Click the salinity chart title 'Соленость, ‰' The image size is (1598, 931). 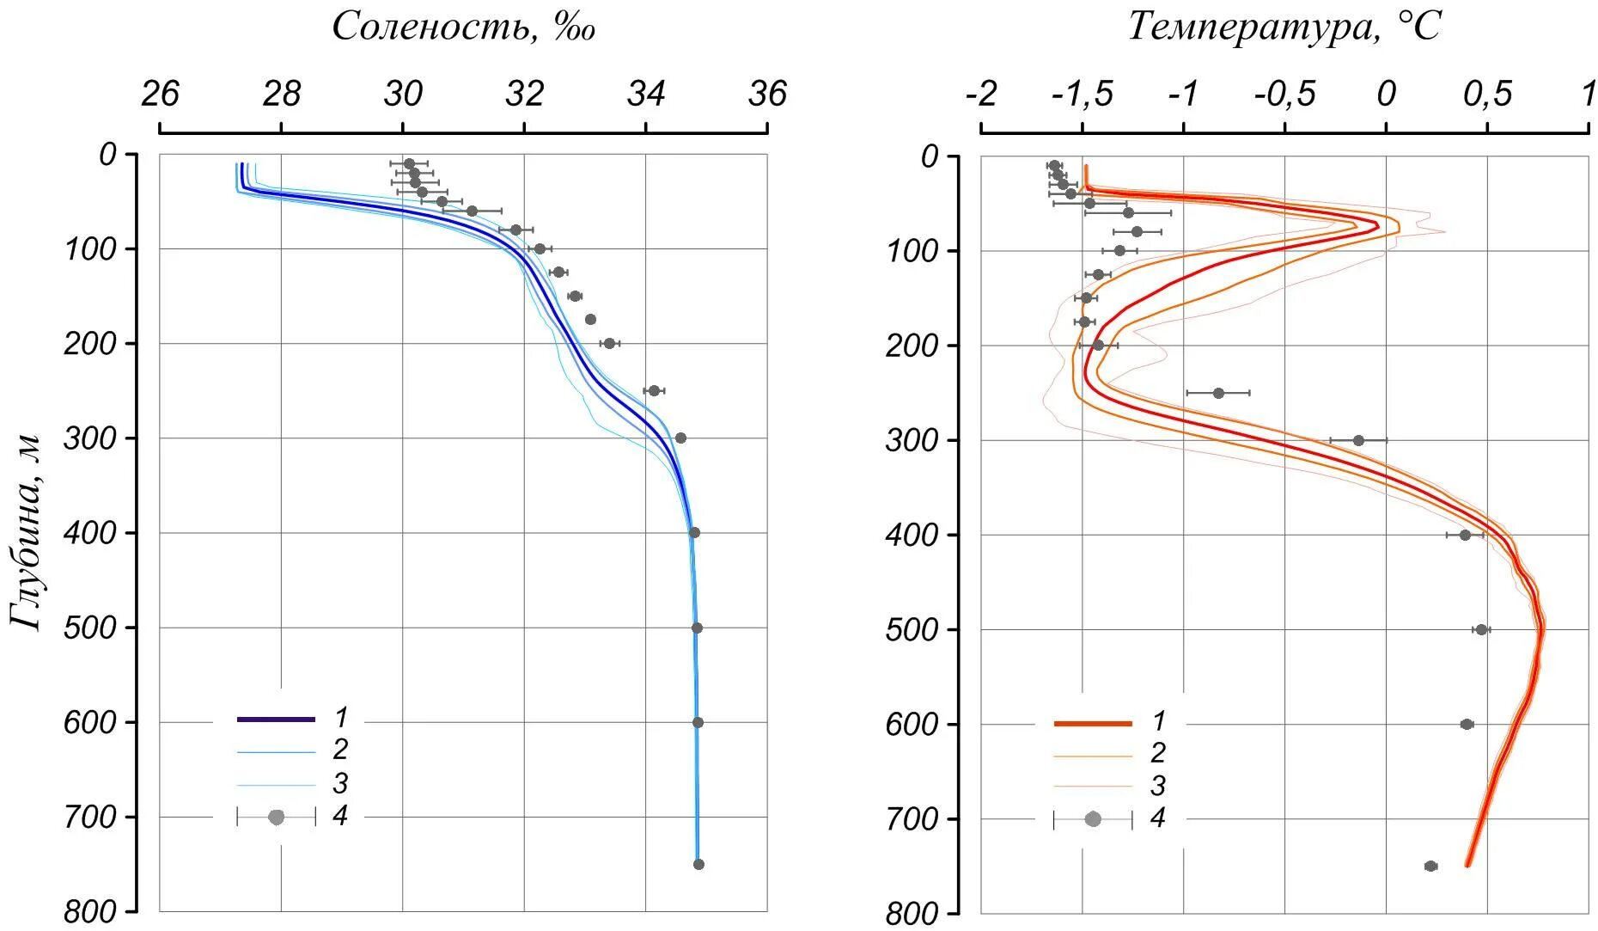pos(463,27)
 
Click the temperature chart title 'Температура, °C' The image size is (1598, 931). pos(1284,27)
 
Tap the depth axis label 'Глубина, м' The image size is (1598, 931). pos(27,533)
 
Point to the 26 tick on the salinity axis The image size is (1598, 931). pos(160,94)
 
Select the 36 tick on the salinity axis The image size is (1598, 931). pos(767,94)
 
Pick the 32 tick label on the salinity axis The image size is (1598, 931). pos(524,94)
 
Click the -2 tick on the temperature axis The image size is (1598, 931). pos(981,94)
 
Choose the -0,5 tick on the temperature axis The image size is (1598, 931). pos(1284,94)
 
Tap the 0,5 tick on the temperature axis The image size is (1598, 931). pos(1487,94)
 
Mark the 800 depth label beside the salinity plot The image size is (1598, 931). pos(89,911)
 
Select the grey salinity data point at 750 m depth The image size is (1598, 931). pos(698,864)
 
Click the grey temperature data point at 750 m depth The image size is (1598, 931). pos(1430,866)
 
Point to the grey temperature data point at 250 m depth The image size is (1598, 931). pos(1218,393)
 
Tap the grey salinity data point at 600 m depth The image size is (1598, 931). pos(698,722)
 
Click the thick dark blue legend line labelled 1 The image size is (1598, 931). pos(276,719)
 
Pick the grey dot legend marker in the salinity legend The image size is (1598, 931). pos(276,817)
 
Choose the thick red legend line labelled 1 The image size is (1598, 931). pos(1093,724)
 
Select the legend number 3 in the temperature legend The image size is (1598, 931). pos(1158,785)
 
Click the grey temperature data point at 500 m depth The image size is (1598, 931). pos(1481,629)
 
